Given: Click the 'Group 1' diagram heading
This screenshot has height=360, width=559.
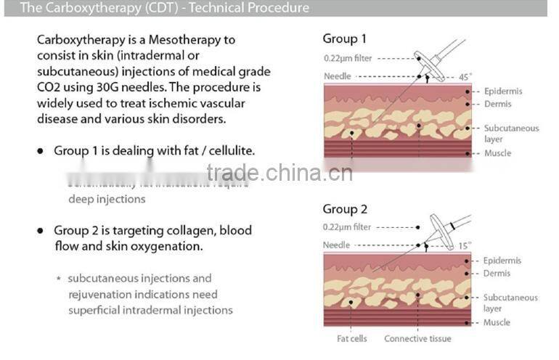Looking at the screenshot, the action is click(344, 39).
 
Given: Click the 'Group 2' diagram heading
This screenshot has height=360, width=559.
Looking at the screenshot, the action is click(345, 210).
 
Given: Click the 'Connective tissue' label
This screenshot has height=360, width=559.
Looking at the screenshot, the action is click(417, 339).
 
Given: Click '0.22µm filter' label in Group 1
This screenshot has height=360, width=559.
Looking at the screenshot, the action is click(347, 58).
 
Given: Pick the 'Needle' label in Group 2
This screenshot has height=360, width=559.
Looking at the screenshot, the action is click(336, 245).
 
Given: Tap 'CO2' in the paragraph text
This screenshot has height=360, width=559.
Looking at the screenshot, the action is click(49, 88).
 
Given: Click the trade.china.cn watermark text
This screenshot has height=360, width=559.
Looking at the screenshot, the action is click(279, 173).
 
